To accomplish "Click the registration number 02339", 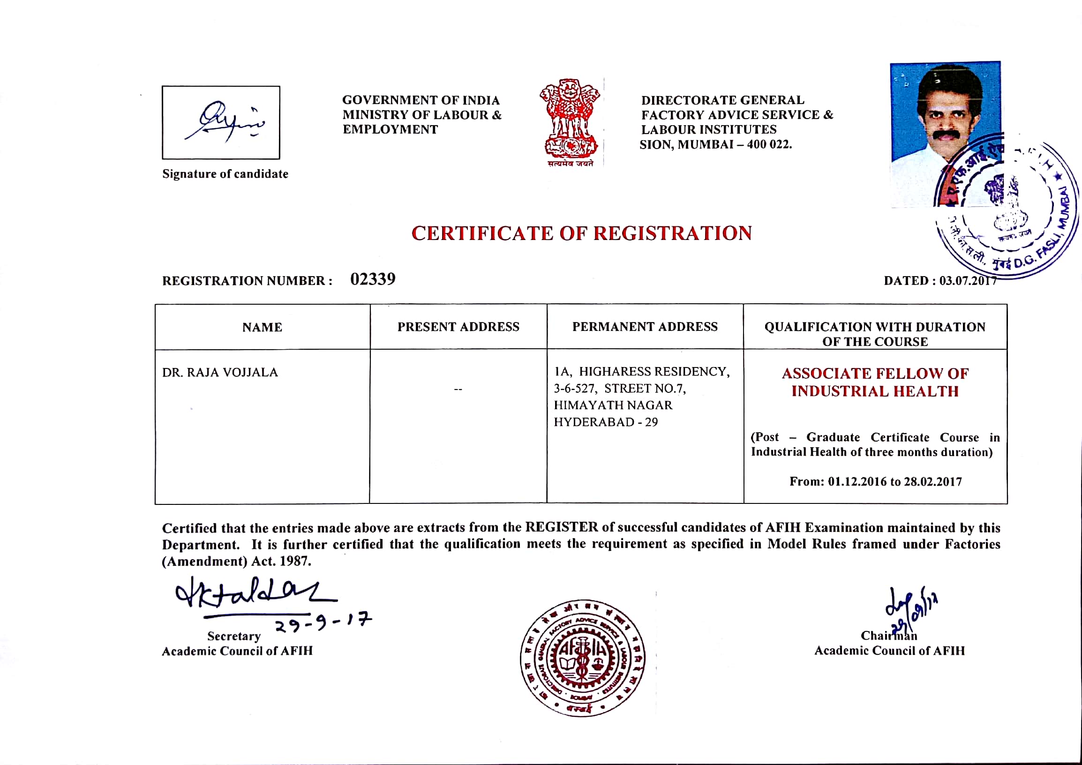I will click(x=373, y=279).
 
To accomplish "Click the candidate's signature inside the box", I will click(x=225, y=121).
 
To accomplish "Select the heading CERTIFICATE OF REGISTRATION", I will click(x=581, y=233).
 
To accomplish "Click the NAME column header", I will click(x=262, y=327).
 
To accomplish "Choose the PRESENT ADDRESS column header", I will click(x=458, y=327).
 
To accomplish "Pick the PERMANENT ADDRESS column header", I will click(x=645, y=327).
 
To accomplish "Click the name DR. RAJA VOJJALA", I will click(x=220, y=373).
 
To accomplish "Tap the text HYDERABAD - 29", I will click(x=606, y=422).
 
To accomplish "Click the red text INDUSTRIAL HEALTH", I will click(x=875, y=391).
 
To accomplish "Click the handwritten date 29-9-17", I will click(x=323, y=623).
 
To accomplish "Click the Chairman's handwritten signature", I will click(x=910, y=607).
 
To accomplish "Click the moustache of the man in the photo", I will click(x=948, y=135).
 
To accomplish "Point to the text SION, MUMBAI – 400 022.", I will click(x=715, y=145).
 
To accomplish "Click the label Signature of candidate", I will click(x=225, y=174).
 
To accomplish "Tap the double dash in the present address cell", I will click(x=458, y=390).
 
